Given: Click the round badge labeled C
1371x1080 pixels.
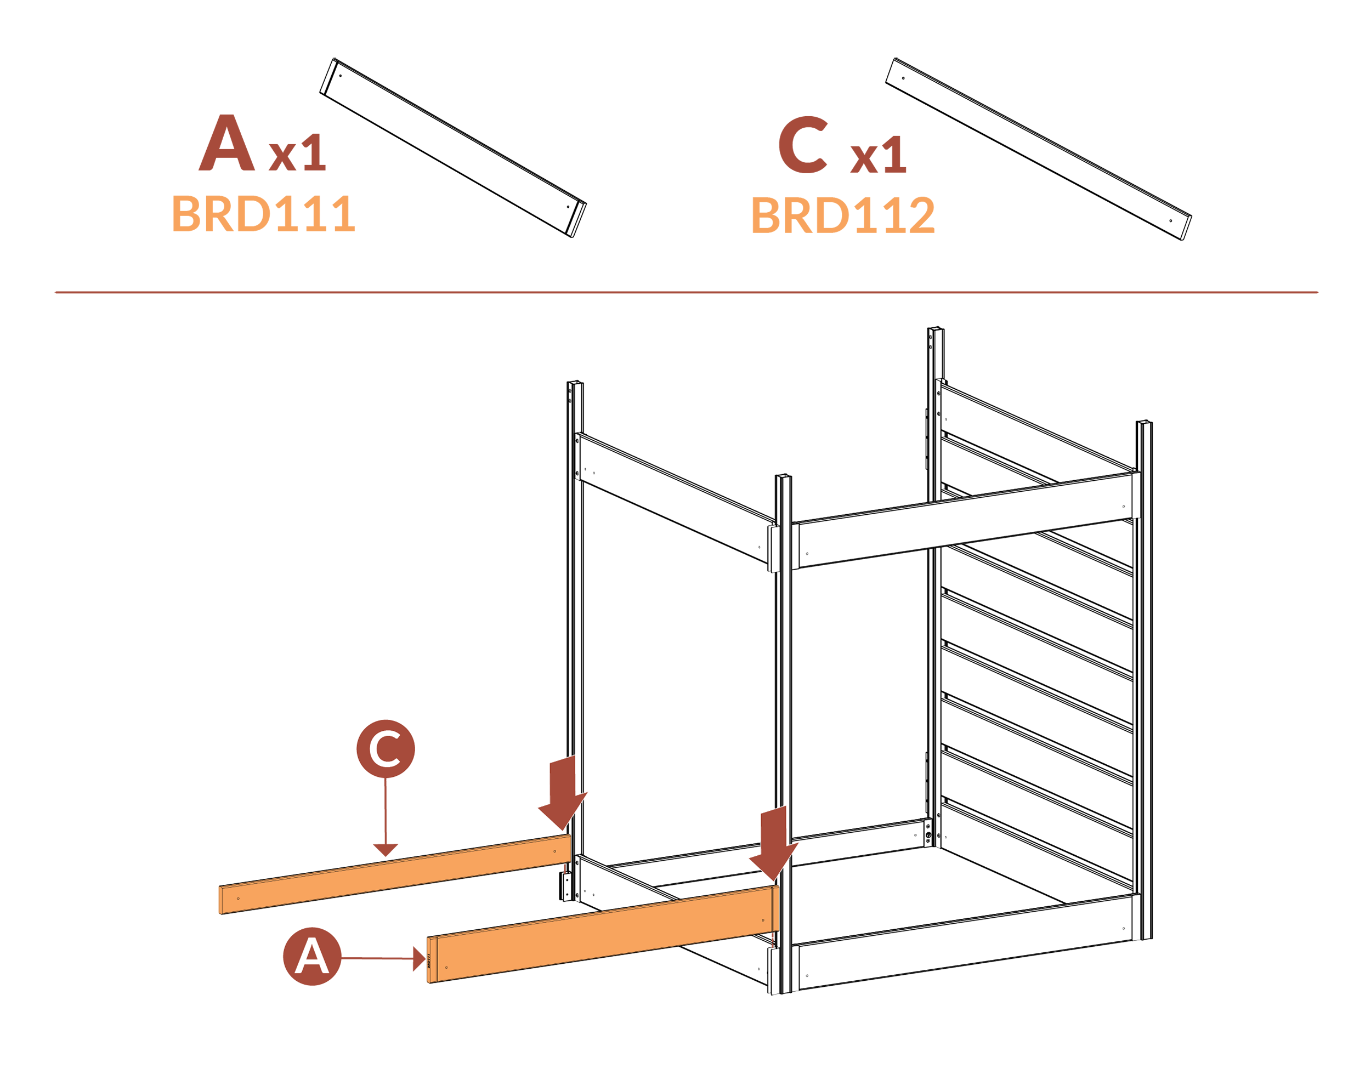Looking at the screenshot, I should (385, 749).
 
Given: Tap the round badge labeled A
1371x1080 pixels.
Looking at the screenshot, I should (311, 956).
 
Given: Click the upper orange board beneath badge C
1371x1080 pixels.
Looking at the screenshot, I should (395, 874).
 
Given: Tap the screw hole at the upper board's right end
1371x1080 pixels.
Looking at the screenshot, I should (554, 851).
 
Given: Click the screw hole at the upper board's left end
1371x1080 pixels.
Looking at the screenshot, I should (238, 899).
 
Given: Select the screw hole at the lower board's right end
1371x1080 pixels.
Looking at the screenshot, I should (763, 920).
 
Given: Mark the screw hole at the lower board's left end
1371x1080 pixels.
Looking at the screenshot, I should (446, 968).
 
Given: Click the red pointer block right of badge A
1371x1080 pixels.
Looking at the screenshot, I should (387, 959).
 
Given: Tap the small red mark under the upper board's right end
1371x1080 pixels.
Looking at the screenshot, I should (563, 869).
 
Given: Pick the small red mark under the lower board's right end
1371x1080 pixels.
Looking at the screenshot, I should (772, 940).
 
